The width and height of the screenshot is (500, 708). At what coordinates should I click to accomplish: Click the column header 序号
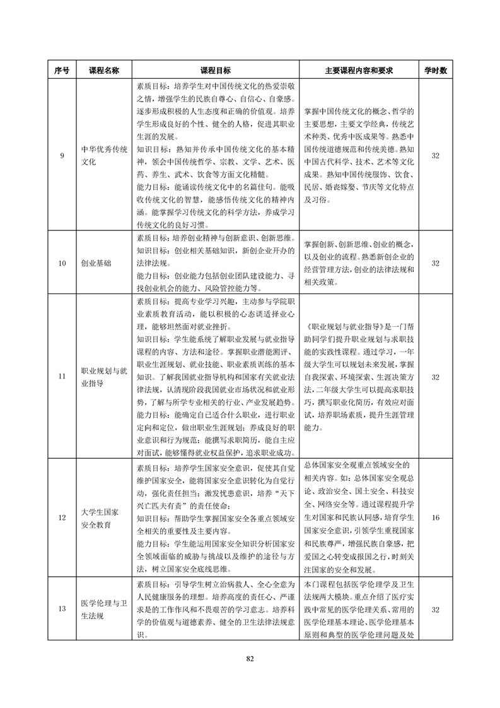(62, 70)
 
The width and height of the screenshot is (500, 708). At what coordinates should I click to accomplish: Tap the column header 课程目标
(215, 70)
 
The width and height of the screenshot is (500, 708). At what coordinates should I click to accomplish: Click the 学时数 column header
(435, 70)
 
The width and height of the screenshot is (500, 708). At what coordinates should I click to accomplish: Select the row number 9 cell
(62, 156)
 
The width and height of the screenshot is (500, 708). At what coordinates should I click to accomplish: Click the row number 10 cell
(62, 263)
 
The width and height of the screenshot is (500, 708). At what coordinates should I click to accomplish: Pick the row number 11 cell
(62, 377)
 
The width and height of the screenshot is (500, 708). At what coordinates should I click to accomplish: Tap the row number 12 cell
(62, 518)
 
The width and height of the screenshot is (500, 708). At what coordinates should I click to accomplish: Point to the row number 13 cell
(62, 609)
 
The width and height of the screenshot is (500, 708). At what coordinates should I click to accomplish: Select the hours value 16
(435, 518)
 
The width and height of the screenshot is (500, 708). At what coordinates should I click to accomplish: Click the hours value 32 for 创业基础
(435, 263)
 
